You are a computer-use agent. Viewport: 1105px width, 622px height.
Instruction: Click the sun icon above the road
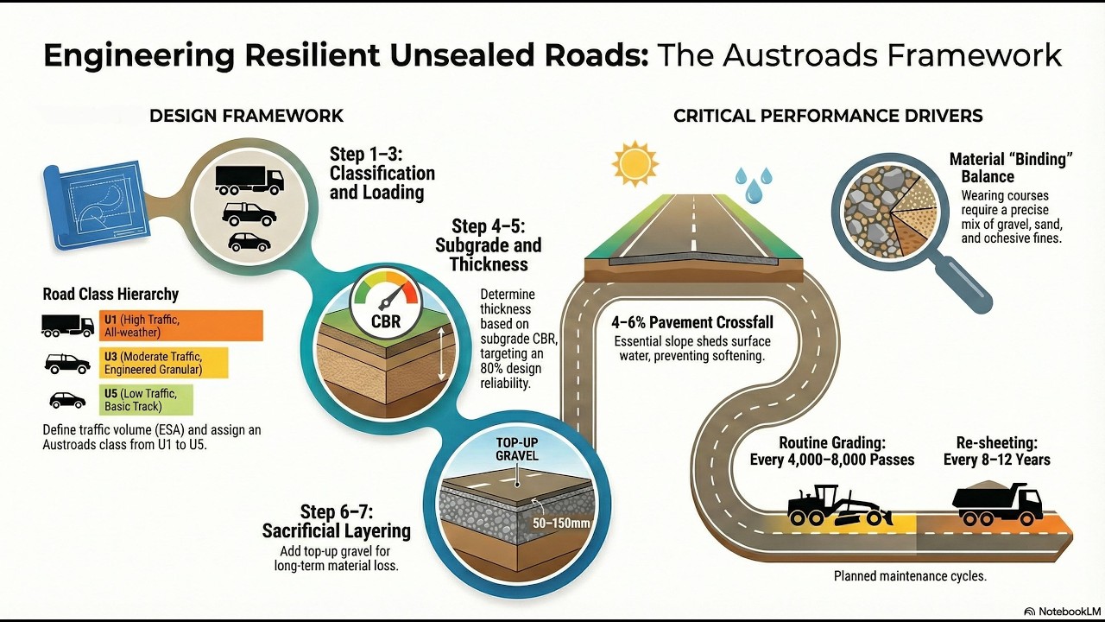click(x=635, y=164)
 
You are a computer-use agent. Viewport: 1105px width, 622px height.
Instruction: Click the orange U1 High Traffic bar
click(x=181, y=326)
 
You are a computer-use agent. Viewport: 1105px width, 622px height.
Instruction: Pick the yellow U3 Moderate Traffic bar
click(x=164, y=363)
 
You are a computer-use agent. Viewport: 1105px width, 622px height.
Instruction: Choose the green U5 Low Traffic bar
click(x=146, y=400)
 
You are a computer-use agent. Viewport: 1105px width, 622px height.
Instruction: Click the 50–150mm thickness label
click(x=561, y=523)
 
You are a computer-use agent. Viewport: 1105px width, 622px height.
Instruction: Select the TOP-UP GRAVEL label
click(x=517, y=448)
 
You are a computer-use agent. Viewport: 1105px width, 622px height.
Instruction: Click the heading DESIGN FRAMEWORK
click(x=246, y=116)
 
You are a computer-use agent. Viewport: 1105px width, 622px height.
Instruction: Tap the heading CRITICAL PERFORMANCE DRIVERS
click(x=828, y=116)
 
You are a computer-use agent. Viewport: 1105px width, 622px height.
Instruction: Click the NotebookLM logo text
click(x=1068, y=611)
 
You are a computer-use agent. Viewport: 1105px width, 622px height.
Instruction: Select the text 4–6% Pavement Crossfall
click(x=692, y=322)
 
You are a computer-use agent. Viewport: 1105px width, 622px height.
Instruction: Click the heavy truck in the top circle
click(x=249, y=181)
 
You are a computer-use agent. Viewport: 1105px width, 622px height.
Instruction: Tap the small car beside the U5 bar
click(x=67, y=400)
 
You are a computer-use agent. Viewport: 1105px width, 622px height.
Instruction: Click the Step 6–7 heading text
click(x=337, y=521)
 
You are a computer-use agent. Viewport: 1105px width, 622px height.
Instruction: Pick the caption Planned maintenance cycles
click(x=910, y=575)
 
